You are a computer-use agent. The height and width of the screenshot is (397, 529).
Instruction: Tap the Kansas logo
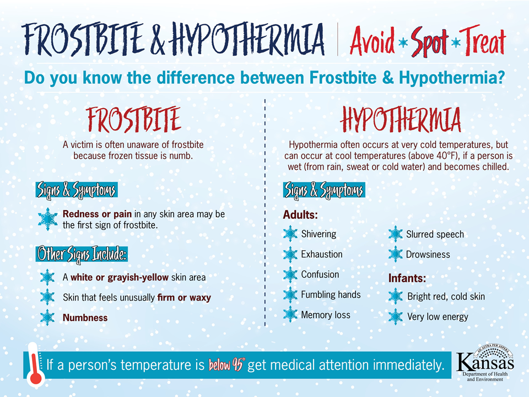coord(485,363)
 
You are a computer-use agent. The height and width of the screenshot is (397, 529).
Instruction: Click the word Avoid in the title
coord(372,41)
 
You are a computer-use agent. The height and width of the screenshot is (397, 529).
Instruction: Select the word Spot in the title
coord(429,41)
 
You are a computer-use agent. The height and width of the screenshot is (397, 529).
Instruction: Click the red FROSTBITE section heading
coord(133,120)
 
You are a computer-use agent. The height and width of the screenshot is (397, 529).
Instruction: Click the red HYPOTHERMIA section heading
coord(401,120)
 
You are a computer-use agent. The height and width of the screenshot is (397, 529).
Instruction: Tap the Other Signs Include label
coord(82,254)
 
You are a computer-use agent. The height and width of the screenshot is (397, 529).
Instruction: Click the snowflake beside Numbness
coord(47,318)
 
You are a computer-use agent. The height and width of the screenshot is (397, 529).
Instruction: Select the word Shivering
coord(319,234)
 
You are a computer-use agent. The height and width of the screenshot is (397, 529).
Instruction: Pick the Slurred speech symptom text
coord(435,234)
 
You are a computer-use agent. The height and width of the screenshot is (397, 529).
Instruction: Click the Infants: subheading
coord(407,278)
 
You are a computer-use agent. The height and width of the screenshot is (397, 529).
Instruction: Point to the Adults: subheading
coord(300,214)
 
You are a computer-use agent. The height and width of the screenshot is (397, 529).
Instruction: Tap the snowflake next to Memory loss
coord(290,315)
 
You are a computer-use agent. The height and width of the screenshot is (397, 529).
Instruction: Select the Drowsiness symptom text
coord(428,255)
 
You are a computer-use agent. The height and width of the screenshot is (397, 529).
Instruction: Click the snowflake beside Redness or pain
coord(47,219)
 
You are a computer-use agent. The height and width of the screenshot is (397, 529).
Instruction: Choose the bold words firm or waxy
coord(184,297)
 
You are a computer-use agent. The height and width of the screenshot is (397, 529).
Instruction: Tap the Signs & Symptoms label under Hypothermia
coord(324,190)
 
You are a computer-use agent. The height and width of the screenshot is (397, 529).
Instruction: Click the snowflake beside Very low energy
coord(396,316)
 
